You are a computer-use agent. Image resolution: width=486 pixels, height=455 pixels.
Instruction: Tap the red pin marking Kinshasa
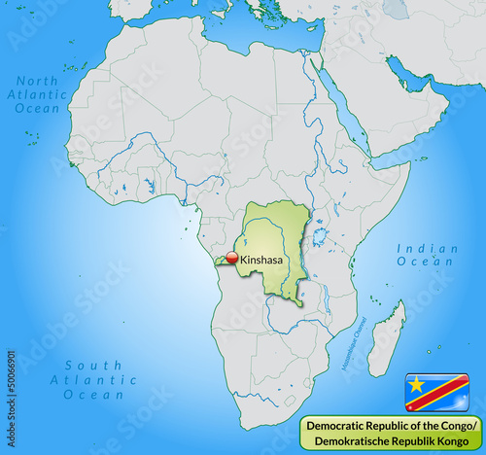(x=232, y=258)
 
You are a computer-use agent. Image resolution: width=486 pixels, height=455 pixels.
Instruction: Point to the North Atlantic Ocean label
(x=38, y=94)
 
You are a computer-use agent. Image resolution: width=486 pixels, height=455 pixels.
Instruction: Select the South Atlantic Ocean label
(x=94, y=380)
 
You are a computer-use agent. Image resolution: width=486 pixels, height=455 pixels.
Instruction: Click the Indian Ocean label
(x=427, y=255)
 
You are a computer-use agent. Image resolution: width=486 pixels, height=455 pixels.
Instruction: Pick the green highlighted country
(x=277, y=253)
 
